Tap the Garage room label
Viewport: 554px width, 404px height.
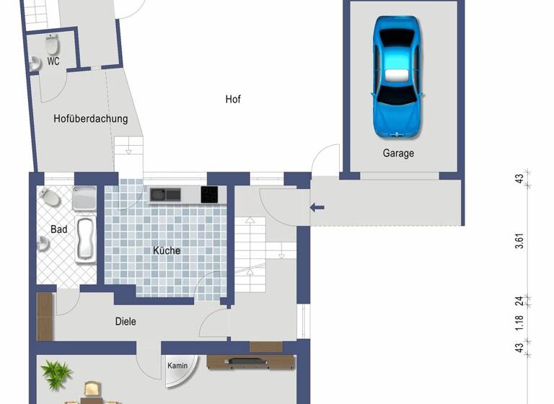pos(398,153)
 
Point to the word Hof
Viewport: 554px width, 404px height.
pos(232,100)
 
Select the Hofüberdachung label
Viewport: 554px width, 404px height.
pos(91,119)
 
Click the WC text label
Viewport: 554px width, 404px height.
pos(53,62)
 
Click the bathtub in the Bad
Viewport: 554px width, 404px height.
pos(86,238)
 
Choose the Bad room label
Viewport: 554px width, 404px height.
pos(58,229)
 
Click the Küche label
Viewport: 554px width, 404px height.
pos(167,250)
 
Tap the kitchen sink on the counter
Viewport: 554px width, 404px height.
pos(165,194)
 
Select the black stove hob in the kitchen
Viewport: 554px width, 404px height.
pos(209,194)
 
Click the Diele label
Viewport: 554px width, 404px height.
pos(125,322)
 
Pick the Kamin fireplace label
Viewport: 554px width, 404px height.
pos(177,366)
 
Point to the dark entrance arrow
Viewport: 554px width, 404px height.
pos(317,208)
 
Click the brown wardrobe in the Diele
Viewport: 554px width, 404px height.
pos(45,316)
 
